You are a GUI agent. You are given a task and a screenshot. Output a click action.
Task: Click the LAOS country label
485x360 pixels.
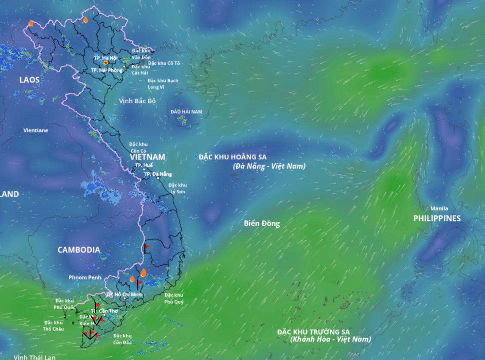pos(29,80)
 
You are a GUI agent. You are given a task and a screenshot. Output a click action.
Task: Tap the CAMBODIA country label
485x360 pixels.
pos(79,250)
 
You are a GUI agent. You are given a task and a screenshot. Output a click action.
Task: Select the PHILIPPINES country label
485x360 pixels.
pos(437,218)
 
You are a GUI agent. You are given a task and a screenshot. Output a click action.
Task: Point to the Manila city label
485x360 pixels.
pos(439,208)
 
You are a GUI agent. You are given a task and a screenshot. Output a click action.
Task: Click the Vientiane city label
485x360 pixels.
pos(36,130)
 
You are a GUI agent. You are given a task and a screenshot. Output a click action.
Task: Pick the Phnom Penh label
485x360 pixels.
pos(85,277)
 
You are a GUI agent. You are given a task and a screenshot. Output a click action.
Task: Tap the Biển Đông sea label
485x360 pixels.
pos(262,223)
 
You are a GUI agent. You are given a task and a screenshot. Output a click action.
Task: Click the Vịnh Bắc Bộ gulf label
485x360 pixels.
pos(137,101)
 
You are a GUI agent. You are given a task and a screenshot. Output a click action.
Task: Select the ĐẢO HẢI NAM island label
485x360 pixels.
pos(186,112)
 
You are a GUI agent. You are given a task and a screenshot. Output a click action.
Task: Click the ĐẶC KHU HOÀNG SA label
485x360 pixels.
pos(233,157)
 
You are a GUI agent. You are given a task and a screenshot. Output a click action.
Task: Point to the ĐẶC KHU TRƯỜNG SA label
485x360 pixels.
pos(313,332)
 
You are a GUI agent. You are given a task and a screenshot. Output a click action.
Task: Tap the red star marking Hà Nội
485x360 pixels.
pos(105,63)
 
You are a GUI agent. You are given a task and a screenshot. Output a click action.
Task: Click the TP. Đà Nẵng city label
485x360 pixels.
pos(158,174)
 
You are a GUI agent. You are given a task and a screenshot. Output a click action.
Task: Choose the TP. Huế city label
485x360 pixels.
pos(144,165)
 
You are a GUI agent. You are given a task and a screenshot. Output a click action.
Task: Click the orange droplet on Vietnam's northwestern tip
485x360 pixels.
pos(31,23)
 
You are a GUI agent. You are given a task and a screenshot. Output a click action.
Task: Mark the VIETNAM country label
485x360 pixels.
pos(147,157)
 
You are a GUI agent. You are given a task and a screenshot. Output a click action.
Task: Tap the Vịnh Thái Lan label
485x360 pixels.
pos(35,357)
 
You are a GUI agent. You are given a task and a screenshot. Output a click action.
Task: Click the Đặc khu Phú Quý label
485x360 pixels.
pos(174,298)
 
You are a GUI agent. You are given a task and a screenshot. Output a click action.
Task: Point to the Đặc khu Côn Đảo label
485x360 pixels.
pos(122,339)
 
